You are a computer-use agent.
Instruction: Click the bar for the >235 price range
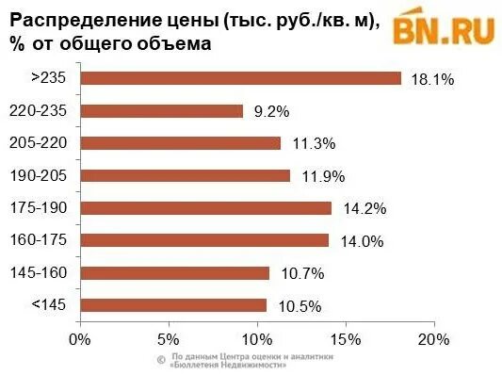pyautogui.click(x=241, y=78)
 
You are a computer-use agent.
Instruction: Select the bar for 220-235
pyautogui.click(x=162, y=111)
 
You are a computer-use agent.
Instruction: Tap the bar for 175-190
pyautogui.click(x=206, y=207)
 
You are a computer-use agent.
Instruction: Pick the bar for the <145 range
pyautogui.click(x=173, y=304)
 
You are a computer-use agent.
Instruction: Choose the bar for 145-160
pyautogui.click(x=175, y=272)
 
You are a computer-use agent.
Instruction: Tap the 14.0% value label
pyautogui.click(x=362, y=241)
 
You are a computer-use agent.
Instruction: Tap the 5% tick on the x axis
pyautogui.click(x=168, y=336)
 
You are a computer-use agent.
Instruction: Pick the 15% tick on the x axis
pyautogui.click(x=345, y=336)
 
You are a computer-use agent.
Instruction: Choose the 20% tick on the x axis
pyautogui.click(x=433, y=336)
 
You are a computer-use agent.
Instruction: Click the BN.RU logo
pyautogui.click(x=444, y=28)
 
